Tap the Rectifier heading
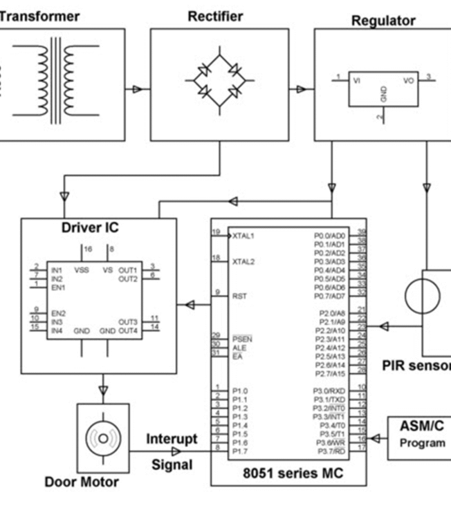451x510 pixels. pos(215,16)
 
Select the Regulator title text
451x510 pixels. pos(383,20)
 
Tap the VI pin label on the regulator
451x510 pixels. pos(357,80)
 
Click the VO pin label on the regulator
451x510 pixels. pos(409,80)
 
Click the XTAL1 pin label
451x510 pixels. pos(243,236)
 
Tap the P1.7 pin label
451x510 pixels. pos(239,451)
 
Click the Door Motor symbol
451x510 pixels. pos(102,438)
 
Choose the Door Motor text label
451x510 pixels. pos(82,482)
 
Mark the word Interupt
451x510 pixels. pos(172,439)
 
